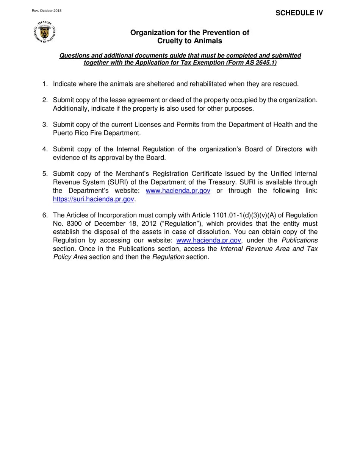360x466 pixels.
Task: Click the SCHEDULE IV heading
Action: point(299,13)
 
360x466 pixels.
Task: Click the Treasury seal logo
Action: point(45,32)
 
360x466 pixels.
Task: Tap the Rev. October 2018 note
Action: point(47,11)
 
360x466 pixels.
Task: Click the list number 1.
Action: point(45,84)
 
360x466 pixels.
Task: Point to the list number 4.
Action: point(45,149)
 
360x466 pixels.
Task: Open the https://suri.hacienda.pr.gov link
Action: point(94,199)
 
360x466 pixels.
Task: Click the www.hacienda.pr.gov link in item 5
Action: point(178,191)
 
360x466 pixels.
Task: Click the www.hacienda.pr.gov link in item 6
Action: point(208,240)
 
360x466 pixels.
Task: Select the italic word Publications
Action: point(299,240)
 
